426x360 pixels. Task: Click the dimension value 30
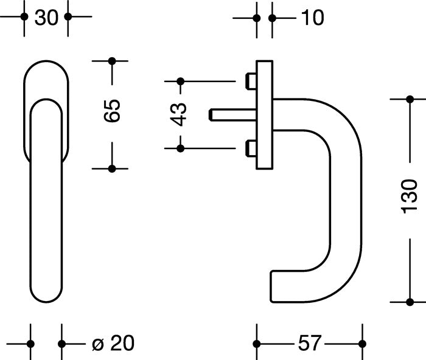[x=46, y=18]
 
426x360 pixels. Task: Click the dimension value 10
[x=313, y=18]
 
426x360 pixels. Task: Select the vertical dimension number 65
[x=112, y=111]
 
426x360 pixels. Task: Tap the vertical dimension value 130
[x=409, y=196]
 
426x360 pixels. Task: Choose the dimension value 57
[x=310, y=343]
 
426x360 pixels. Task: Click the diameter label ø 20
[x=113, y=343]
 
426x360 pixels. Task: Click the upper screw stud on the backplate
[x=251, y=81]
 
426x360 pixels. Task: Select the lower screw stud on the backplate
[x=251, y=148]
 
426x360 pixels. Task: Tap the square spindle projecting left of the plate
[x=233, y=114]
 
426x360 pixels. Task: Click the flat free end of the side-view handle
[x=271, y=286]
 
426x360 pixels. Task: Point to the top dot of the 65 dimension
[x=112, y=61]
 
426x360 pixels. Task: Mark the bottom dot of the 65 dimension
[x=112, y=169]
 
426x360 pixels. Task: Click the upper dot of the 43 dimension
[x=180, y=81]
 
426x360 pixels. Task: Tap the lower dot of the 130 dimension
[x=410, y=302]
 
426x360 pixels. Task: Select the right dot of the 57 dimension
[x=362, y=344]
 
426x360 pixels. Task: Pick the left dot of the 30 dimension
[x=24, y=16]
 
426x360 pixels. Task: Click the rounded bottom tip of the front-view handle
[x=46, y=302]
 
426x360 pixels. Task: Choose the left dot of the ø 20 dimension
[x=30, y=344]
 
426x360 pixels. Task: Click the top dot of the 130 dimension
[x=410, y=99]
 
